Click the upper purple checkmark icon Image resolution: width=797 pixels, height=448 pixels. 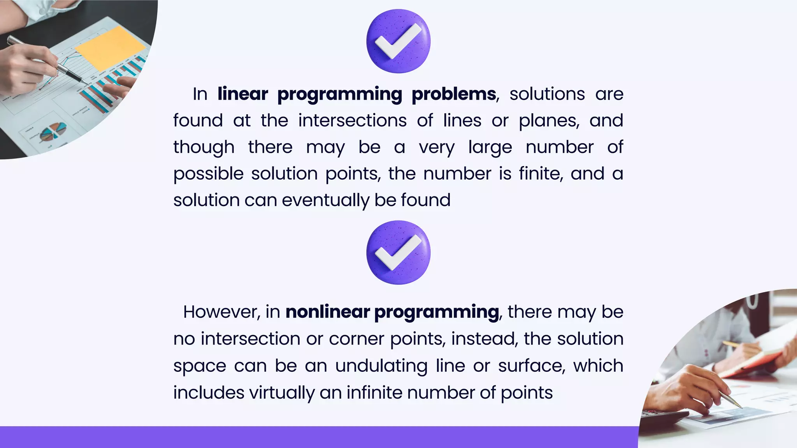point(398,41)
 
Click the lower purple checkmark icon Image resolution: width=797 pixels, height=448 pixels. point(398,252)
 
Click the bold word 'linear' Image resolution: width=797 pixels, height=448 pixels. point(243,94)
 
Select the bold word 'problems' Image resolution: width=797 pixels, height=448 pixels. point(454,94)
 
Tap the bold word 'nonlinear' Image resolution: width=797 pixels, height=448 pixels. point(328,312)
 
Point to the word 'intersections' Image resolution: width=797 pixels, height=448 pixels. point(352,121)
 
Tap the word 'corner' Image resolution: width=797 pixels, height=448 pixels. point(357,339)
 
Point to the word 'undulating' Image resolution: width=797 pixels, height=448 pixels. point(381,366)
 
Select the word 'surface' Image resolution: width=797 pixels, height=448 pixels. point(531,366)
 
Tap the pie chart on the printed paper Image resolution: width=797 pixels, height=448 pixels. point(53,132)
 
